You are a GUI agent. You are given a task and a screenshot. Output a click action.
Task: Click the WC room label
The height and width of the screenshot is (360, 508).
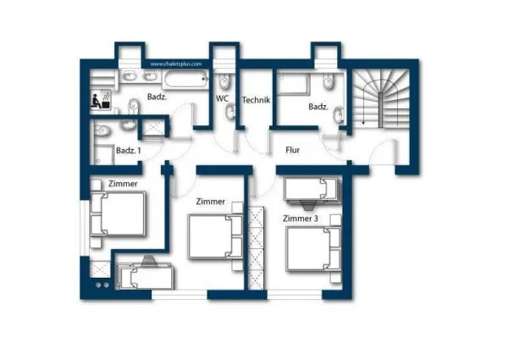[222, 98]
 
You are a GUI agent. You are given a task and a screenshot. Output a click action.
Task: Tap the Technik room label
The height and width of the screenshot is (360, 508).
[256, 100]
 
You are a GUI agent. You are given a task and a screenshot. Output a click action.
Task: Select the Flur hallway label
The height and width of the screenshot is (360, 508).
[293, 150]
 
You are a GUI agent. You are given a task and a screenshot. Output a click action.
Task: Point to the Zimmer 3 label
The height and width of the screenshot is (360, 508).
[301, 219]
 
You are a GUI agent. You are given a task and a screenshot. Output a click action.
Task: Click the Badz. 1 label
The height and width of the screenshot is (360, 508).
[129, 150]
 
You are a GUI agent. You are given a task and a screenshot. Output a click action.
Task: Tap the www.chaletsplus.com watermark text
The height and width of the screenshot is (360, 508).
[176, 64]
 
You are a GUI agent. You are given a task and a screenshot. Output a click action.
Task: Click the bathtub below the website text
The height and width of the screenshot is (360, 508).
[185, 79]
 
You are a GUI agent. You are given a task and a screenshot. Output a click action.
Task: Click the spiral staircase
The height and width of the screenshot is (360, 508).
[381, 98]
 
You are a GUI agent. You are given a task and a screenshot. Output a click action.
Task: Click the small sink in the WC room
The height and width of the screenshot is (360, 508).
[230, 111]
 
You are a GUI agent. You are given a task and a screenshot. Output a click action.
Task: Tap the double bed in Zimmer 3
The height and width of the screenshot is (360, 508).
[313, 249]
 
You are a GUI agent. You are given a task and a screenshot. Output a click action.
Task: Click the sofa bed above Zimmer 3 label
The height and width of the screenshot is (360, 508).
[312, 191]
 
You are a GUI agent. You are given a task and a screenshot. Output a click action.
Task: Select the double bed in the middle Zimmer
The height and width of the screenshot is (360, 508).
[215, 236]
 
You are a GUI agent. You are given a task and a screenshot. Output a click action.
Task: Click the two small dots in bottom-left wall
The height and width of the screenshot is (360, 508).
[102, 285]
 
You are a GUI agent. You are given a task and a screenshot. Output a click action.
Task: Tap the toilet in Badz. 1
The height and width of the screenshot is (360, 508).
[102, 131]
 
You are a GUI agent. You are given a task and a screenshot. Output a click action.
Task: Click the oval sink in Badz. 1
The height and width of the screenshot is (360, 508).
[129, 125]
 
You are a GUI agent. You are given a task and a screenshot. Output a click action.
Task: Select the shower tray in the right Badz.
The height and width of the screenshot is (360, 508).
[293, 84]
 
